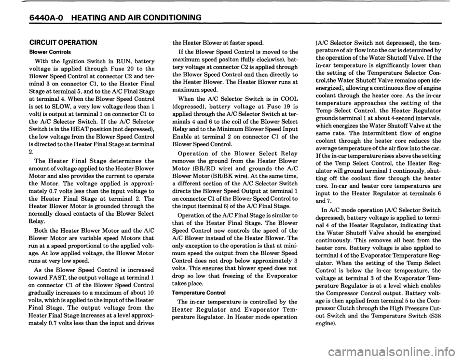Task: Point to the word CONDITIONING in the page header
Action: (171, 18)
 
